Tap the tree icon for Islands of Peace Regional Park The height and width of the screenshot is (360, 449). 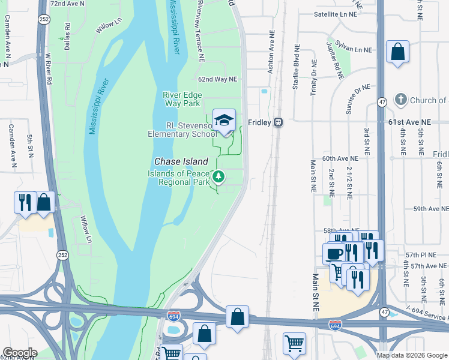[219, 176]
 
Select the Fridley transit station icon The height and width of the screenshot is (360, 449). [278, 122]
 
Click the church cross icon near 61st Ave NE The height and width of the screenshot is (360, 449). [401, 100]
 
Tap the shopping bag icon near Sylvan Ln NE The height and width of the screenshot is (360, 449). [397, 52]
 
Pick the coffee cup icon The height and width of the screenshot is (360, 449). [334, 253]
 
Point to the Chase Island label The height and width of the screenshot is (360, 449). [181, 161]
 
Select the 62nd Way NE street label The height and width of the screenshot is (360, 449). [218, 79]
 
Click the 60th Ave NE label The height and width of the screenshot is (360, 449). [340, 158]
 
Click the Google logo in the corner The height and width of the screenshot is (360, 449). [20, 353]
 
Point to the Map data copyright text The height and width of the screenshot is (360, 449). [412, 355]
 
